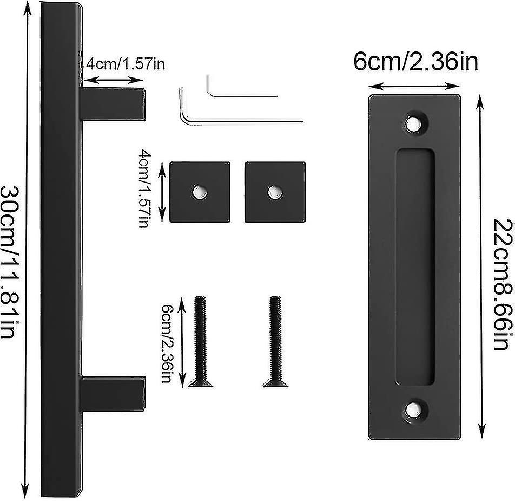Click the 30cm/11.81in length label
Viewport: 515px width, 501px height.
pos(9,262)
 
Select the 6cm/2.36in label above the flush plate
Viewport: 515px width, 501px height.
pos(416,62)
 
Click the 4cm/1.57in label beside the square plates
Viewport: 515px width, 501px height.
pos(144,188)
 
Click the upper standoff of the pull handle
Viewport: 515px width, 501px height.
pos(113,104)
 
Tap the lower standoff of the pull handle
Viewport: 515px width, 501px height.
pos(113,394)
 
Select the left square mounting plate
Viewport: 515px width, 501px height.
pos(200,192)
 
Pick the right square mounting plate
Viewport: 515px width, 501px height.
pos(275,192)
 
